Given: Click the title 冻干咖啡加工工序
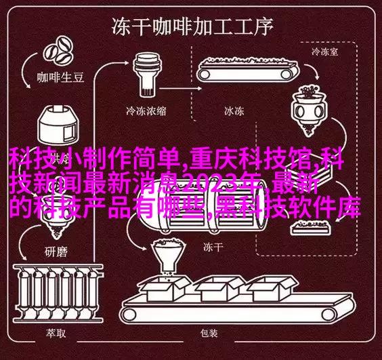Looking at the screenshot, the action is pyautogui.click(x=192, y=26).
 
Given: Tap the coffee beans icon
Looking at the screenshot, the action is pyautogui.click(x=58, y=50).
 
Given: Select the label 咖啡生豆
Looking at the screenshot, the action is pyautogui.click(x=60, y=77).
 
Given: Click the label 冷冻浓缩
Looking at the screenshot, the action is pyautogui.click(x=146, y=111).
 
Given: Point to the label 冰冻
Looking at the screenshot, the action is pyautogui.click(x=234, y=111).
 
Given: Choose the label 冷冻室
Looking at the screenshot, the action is pyautogui.click(x=324, y=52).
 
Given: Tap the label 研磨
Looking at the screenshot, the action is pyautogui.click(x=56, y=252).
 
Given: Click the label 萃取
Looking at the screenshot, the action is pyautogui.click(x=56, y=333).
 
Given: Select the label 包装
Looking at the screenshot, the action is pyautogui.click(x=209, y=333).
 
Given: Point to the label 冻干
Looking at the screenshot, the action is pyautogui.click(x=213, y=247).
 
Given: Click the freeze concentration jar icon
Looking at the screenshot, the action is pyautogui.click(x=147, y=75).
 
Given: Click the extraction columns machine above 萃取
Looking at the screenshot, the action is pyautogui.click(x=58, y=292).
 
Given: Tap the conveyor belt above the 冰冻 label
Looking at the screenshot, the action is pyautogui.click(x=248, y=69).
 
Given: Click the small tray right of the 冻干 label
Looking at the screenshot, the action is pyautogui.click(x=311, y=227).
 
